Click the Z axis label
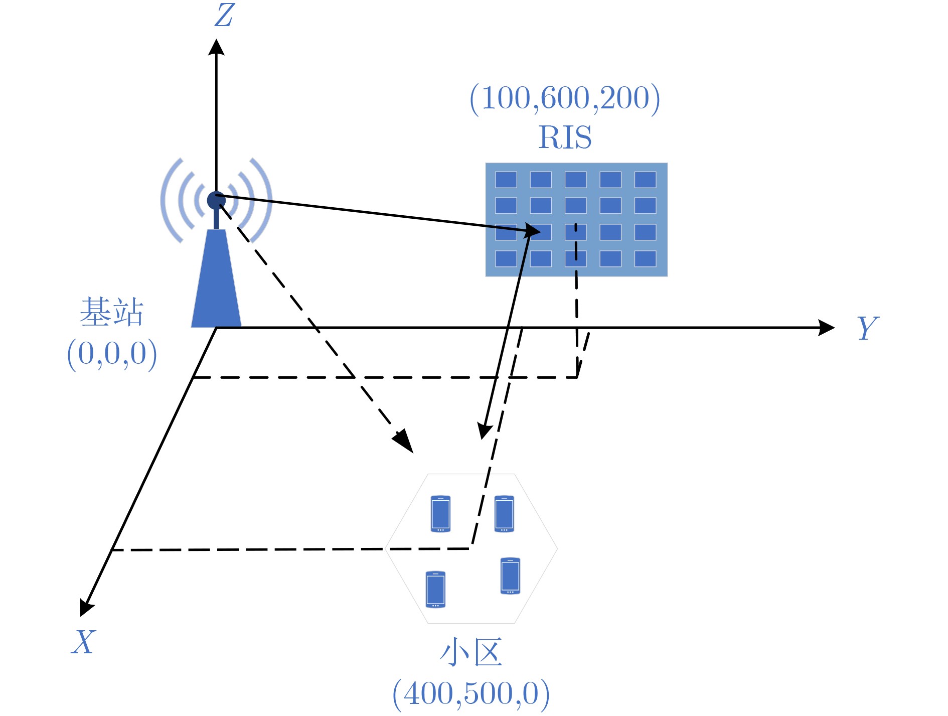[x=224, y=15]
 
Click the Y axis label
[x=868, y=328]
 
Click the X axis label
[x=83, y=642]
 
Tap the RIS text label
[x=565, y=137]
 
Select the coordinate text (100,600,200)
[x=565, y=98]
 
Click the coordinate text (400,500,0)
[x=471, y=694]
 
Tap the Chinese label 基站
[x=112, y=312]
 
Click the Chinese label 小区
[x=471, y=652]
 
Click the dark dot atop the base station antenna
[x=216, y=200]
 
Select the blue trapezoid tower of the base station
[x=216, y=278]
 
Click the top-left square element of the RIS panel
[x=506, y=180]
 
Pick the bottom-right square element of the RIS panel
[x=645, y=258]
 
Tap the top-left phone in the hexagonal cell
[x=440, y=514]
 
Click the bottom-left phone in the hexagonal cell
[x=435, y=589]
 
